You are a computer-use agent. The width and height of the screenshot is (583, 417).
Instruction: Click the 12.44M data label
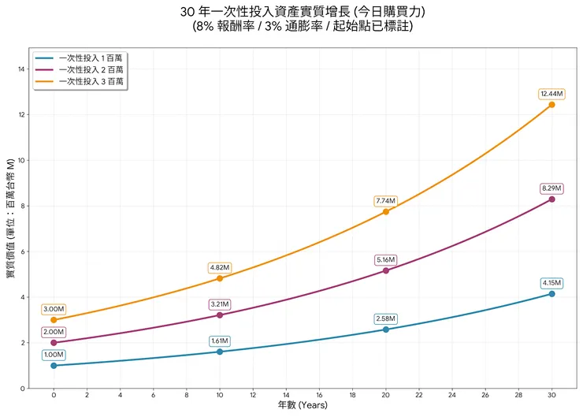[551, 94]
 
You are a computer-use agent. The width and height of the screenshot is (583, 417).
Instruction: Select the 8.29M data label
[551, 188]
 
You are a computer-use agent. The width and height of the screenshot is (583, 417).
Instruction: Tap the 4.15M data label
[551, 283]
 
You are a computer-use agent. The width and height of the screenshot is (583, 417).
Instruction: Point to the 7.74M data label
[385, 201]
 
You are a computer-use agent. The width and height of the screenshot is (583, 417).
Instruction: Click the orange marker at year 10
[220, 278]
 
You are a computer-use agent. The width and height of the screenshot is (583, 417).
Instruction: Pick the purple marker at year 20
[385, 270]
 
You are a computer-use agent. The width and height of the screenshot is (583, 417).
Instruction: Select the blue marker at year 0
[54, 366]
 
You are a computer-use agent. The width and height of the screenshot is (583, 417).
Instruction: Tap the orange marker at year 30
[551, 104]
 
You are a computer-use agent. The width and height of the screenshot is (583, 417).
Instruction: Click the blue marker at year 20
[385, 330]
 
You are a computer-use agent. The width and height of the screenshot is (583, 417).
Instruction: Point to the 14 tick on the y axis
[21, 69]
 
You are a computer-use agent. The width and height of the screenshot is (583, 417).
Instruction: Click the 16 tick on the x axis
[319, 394]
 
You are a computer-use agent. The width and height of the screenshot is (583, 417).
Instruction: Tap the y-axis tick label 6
[23, 251]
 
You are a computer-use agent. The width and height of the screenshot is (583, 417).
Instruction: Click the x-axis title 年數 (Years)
[302, 405]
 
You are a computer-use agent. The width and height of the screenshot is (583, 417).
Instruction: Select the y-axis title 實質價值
[10, 217]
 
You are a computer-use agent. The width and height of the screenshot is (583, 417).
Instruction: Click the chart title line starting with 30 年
[303, 12]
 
